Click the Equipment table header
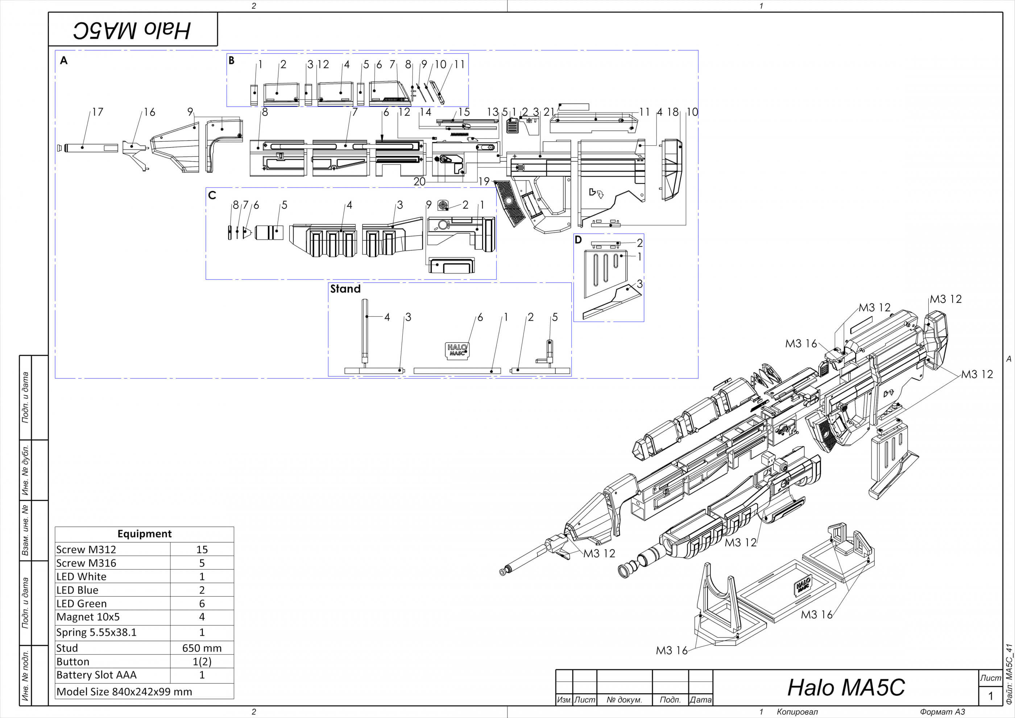point(144,534)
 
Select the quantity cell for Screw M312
point(202,549)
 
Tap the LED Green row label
point(81,603)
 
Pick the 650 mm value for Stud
point(202,648)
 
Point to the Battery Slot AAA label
point(96,675)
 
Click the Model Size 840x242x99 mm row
point(124,692)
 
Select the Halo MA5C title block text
point(846,688)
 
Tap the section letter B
point(231,61)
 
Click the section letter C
point(212,195)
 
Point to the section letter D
point(578,240)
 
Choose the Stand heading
point(345,289)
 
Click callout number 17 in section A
point(98,112)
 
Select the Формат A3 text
point(942,712)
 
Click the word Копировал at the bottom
point(797,712)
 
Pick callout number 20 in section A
point(419,181)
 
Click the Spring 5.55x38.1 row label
point(96,632)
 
